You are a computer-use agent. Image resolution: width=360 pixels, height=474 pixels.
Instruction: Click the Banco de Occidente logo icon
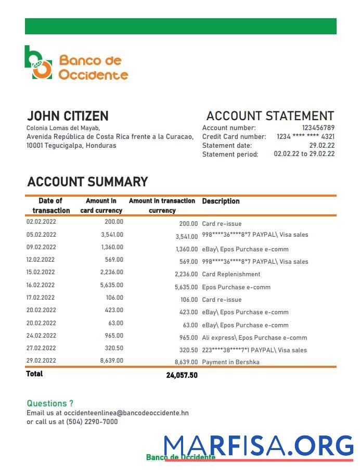[x=38, y=62]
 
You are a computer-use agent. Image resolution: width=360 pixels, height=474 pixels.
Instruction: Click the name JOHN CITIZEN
[x=68, y=116]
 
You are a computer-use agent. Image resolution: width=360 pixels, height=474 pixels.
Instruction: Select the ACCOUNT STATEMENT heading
[x=269, y=116]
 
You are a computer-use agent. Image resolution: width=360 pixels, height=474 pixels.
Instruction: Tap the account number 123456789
[x=318, y=128]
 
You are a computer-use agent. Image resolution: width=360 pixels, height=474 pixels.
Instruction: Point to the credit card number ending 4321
[x=305, y=136]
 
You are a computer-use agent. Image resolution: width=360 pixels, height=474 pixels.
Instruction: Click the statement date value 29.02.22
[x=322, y=146]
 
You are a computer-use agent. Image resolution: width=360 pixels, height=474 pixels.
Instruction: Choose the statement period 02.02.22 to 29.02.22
[x=304, y=154]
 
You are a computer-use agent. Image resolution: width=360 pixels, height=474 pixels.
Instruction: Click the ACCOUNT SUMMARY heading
[x=87, y=182]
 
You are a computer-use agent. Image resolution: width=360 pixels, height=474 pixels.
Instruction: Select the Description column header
[x=221, y=201]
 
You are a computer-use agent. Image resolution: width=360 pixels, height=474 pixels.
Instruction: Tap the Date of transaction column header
[x=51, y=206]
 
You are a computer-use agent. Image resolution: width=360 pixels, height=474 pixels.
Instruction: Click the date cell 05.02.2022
[x=41, y=235]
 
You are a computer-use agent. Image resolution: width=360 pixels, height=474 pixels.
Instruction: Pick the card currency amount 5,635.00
[x=112, y=285]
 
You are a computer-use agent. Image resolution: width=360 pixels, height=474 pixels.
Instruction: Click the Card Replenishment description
[x=231, y=274]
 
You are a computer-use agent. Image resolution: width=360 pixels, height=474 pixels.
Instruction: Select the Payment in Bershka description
[x=230, y=362]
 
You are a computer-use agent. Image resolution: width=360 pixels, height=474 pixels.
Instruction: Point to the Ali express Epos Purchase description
[x=254, y=338]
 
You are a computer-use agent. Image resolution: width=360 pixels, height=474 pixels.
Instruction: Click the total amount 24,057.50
[x=182, y=375]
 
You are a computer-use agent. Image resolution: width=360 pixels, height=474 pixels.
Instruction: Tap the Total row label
[x=35, y=374]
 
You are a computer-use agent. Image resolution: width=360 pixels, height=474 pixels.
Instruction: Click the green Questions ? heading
[x=50, y=403]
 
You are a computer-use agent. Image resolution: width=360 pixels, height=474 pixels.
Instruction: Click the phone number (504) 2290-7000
[x=92, y=422]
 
